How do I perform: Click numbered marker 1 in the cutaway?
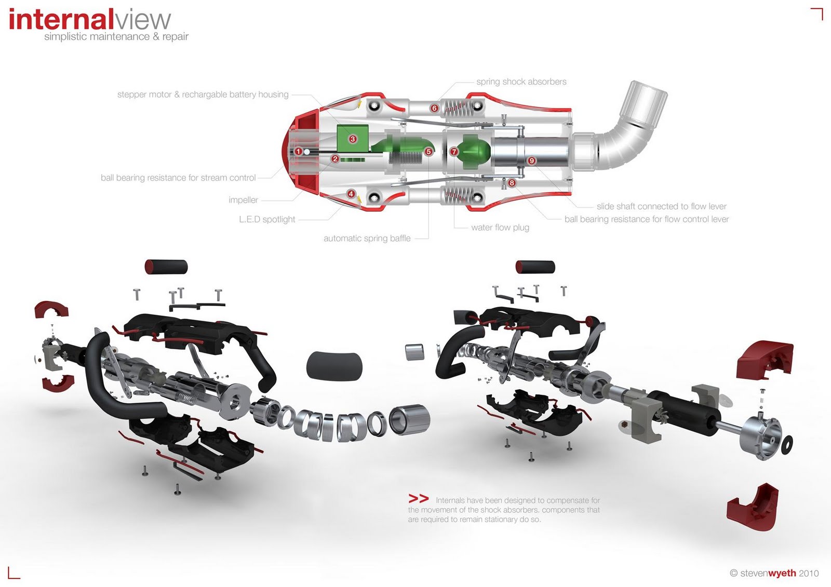click(x=299, y=152)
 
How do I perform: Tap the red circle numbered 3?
click(x=353, y=139)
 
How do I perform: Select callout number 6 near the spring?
click(x=434, y=108)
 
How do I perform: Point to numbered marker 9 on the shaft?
click(x=531, y=161)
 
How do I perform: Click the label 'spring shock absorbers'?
click(x=521, y=82)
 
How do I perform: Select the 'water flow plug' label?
click(x=500, y=227)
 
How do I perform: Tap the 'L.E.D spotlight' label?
click(x=267, y=220)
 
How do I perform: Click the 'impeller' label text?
click(x=243, y=200)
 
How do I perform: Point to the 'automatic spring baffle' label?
click(x=367, y=239)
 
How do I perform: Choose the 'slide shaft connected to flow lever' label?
click(x=661, y=207)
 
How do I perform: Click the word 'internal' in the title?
click(x=61, y=20)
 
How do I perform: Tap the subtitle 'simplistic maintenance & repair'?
click(x=116, y=37)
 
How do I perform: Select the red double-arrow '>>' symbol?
click(x=419, y=499)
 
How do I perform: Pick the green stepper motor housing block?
click(x=352, y=139)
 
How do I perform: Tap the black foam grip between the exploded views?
click(x=334, y=365)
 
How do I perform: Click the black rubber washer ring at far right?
click(x=787, y=445)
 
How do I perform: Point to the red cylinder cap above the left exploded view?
click(x=166, y=267)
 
